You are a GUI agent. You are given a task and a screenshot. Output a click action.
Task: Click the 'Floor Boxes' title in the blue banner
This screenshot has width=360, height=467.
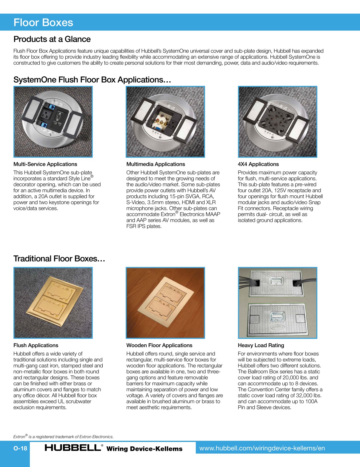click(43, 23)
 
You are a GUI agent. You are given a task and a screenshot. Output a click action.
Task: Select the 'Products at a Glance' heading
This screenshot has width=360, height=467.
click(52, 39)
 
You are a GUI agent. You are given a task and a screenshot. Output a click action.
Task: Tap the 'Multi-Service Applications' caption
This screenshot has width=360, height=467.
click(45, 164)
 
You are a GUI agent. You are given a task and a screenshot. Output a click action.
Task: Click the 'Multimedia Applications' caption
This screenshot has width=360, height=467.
click(156, 164)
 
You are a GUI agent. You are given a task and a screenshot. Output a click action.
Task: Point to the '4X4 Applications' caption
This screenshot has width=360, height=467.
click(258, 164)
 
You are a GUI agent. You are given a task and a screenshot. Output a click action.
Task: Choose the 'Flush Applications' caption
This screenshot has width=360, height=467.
click(36, 345)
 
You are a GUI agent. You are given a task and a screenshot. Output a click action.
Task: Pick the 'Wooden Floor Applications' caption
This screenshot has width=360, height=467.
click(159, 345)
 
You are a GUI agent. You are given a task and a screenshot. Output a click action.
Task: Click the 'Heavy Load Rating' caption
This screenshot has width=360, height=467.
click(261, 345)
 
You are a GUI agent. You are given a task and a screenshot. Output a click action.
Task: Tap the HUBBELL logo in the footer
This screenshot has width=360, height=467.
click(73, 448)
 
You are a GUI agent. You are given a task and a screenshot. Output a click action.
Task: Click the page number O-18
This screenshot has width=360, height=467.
click(20, 448)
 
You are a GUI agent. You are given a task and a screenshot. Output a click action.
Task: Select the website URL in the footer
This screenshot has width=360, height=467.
click(262, 448)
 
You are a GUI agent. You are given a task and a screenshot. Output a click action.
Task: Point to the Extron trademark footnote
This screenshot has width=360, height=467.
click(63, 437)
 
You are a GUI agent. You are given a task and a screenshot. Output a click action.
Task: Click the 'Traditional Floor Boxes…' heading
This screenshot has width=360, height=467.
click(59, 259)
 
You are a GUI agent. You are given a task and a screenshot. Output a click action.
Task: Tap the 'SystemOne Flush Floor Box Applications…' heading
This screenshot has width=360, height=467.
click(92, 80)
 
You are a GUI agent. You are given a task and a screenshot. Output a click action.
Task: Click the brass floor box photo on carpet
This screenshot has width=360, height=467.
click(53, 303)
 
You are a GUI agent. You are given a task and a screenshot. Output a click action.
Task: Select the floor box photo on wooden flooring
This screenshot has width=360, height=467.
click(165, 303)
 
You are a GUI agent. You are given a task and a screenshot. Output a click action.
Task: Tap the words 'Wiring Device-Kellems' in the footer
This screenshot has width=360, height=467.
click(144, 449)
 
